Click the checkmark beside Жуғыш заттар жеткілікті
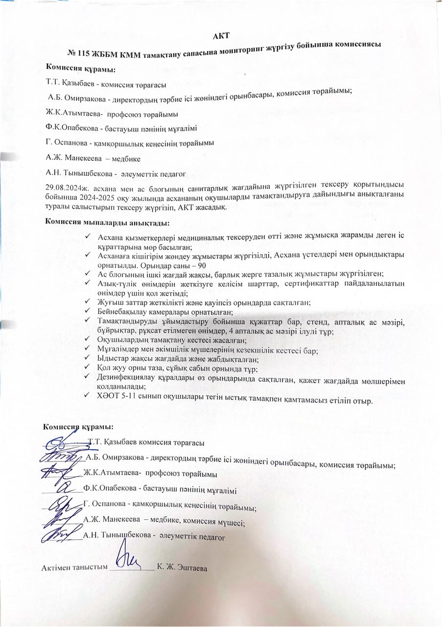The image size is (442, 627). pyautogui.click(x=87, y=303)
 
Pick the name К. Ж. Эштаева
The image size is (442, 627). pyautogui.click(x=183, y=568)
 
